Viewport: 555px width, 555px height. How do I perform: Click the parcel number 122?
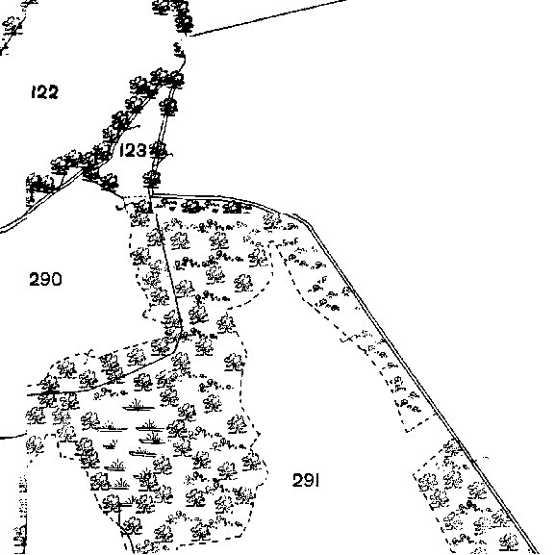(x=44, y=92)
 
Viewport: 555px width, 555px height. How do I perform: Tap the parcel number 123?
(x=133, y=150)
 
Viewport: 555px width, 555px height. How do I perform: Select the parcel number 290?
(x=45, y=279)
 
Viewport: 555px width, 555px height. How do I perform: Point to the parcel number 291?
(x=306, y=480)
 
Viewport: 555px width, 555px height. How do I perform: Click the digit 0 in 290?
(x=57, y=279)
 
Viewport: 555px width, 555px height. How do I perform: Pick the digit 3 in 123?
(x=140, y=150)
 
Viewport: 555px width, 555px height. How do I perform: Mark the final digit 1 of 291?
(x=317, y=480)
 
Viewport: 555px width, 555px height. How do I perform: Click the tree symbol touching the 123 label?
(x=158, y=150)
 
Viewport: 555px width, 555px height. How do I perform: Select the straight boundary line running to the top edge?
(x=268, y=17)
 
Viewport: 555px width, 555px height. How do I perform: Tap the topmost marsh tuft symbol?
(x=139, y=406)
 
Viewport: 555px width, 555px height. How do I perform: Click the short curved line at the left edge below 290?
(x=13, y=437)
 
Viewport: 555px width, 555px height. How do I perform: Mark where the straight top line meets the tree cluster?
(x=190, y=36)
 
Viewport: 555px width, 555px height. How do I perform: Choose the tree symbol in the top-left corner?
(x=13, y=27)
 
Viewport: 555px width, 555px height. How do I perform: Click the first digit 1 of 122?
(x=34, y=92)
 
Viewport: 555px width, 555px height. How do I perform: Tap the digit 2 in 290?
(x=35, y=279)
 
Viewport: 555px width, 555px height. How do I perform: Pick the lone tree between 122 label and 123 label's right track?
(x=168, y=106)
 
